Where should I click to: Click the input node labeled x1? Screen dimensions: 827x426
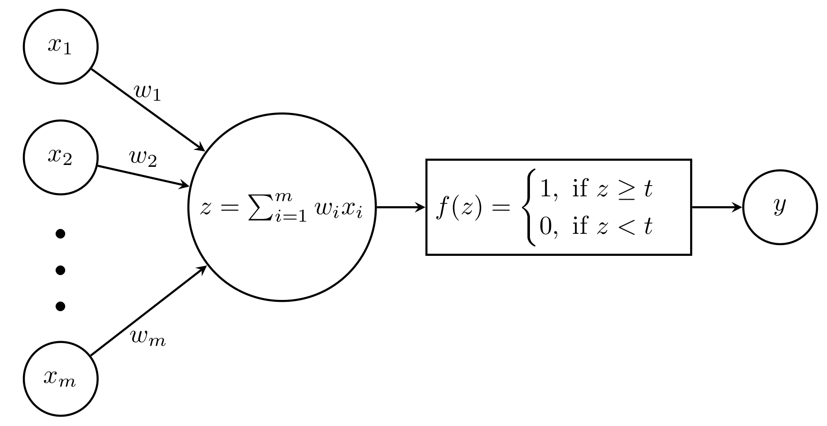pos(60,47)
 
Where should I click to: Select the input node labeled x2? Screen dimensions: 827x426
pos(60,157)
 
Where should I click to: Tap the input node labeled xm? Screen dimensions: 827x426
pos(60,379)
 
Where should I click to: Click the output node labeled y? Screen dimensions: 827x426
pos(780,207)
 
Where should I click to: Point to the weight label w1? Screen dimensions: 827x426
pos(148,92)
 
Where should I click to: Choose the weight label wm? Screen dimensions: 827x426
pos(148,338)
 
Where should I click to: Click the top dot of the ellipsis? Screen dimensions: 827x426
pos(60,233)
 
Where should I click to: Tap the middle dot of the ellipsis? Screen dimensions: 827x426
pos(60,270)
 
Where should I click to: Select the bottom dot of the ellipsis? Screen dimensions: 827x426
pos(60,306)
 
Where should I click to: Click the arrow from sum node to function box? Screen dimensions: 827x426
pos(401,207)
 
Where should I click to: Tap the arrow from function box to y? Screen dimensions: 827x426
pos(717,207)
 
